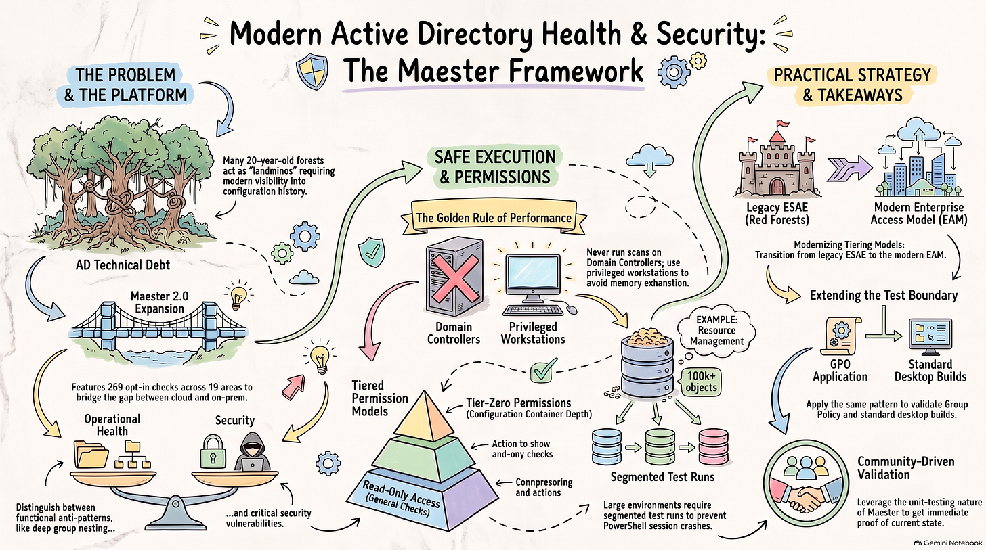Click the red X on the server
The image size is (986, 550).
[456, 278]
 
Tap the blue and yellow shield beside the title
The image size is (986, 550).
[312, 72]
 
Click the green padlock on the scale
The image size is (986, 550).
[213, 452]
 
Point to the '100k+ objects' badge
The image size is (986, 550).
[701, 382]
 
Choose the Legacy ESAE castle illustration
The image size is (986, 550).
[777, 160]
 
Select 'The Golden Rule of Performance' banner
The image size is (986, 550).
[494, 218]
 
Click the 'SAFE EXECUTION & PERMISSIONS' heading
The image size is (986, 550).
[495, 167]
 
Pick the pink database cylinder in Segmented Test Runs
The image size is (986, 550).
[714, 446]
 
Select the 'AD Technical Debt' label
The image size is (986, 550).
[123, 265]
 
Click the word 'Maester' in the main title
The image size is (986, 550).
[435, 71]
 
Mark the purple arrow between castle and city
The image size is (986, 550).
[849, 168]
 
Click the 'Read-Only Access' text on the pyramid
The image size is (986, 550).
[401, 493]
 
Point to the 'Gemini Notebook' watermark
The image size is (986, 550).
[949, 543]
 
